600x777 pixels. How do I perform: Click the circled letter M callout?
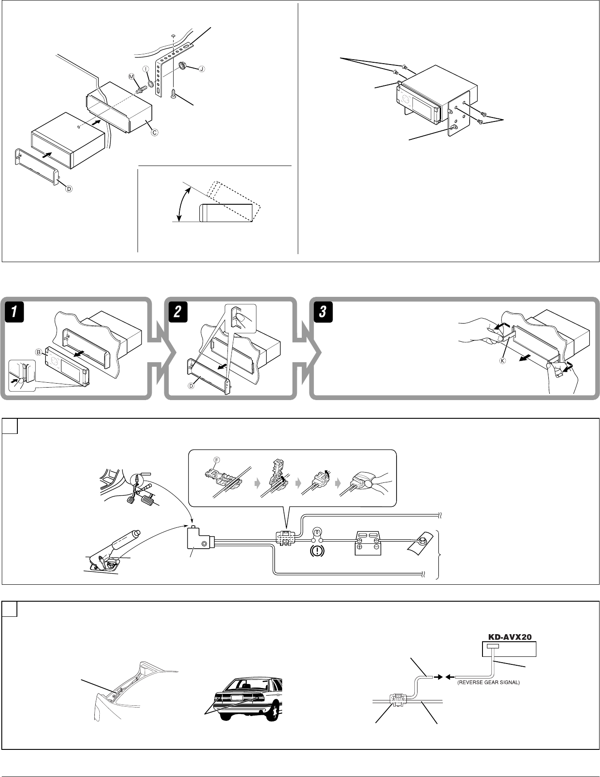coord(131,77)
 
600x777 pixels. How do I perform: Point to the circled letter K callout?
coord(503,360)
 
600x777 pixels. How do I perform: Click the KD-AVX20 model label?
coord(509,637)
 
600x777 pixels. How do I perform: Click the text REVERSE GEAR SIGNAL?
coord(488,682)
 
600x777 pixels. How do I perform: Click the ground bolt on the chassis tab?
coord(419,540)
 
